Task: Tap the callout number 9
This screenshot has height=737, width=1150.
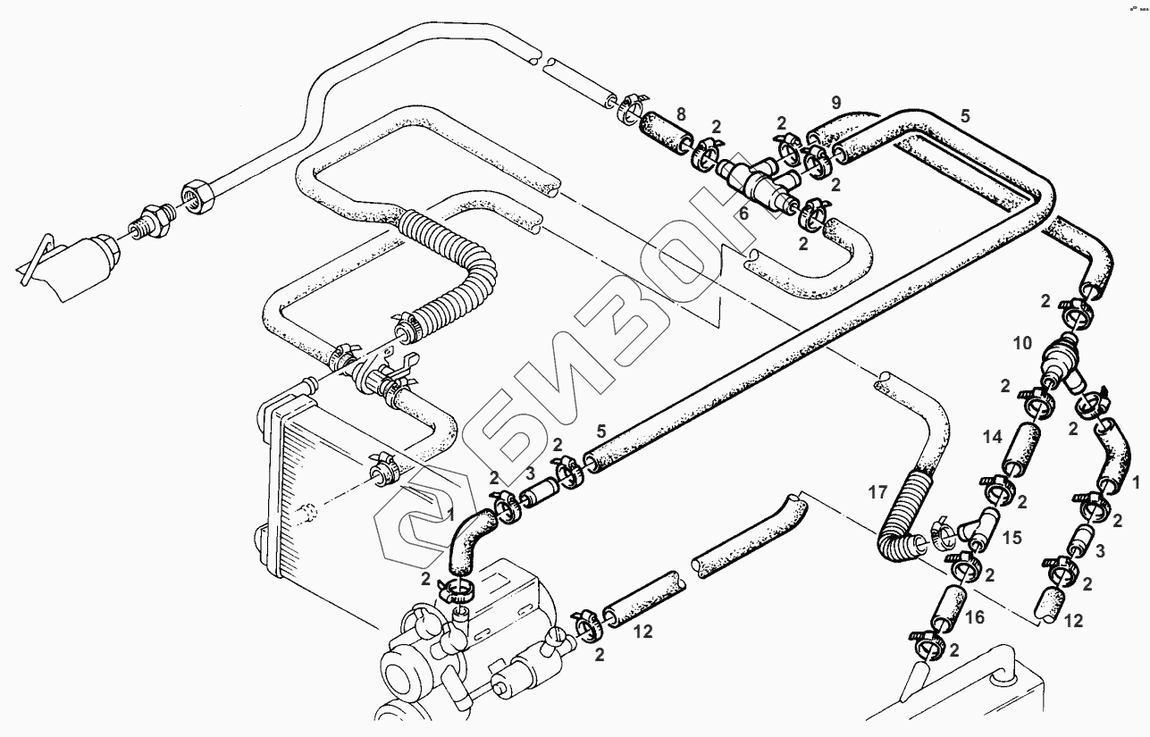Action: point(836,100)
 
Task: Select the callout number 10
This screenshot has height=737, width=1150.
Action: point(1023,343)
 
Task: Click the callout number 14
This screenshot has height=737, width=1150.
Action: point(992,438)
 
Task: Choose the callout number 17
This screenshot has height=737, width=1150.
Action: point(878,491)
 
